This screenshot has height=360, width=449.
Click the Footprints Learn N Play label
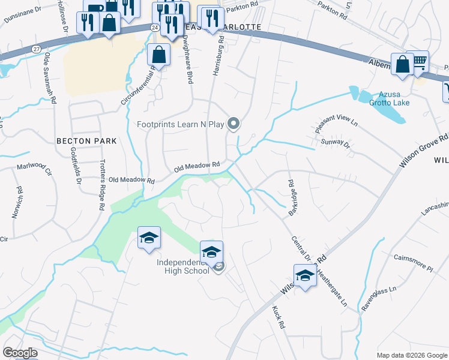click(180, 125)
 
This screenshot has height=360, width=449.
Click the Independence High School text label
click(183, 266)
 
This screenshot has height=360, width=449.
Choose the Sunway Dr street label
click(336, 143)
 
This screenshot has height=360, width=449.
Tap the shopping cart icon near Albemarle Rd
click(419, 61)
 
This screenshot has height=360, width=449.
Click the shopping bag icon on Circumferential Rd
click(158, 56)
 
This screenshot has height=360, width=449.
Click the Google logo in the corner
click(20, 353)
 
